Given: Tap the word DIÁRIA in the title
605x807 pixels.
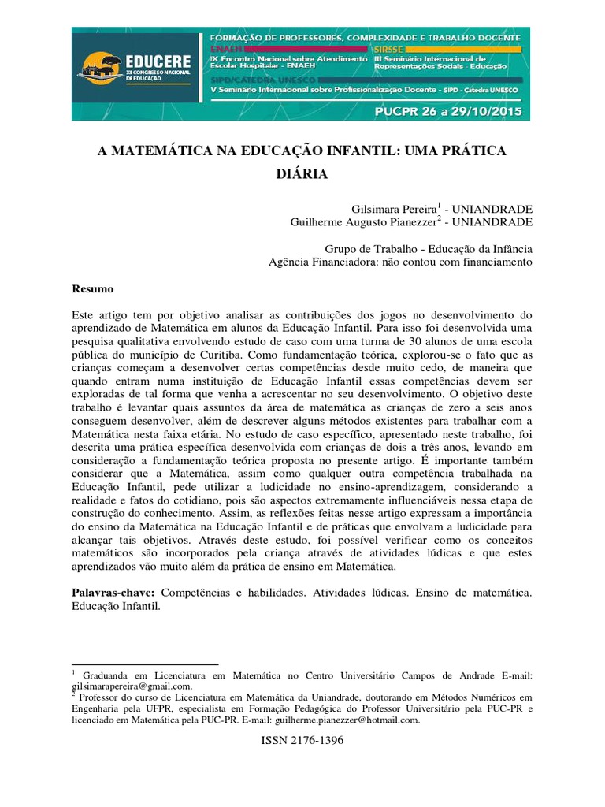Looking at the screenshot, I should click(302, 173).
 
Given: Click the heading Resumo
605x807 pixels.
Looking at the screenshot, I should click(93, 289).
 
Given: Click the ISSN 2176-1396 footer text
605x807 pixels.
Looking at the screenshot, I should click(302, 742).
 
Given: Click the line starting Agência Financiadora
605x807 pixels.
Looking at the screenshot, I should click(401, 262).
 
